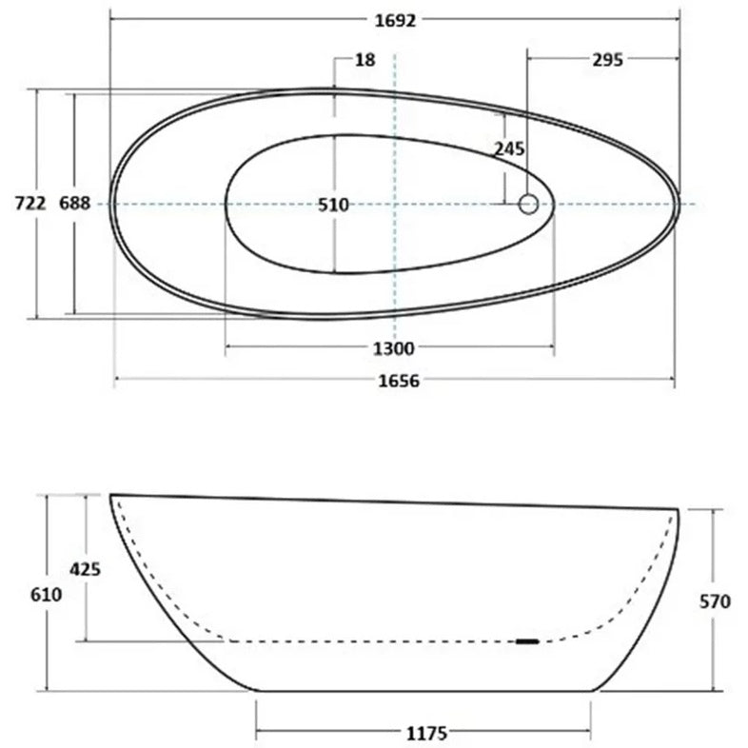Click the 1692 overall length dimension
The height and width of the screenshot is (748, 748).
[395, 21]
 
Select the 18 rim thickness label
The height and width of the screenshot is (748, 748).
[364, 60]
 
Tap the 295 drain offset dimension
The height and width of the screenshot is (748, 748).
[607, 60]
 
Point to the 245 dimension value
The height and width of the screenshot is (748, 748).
[509, 149]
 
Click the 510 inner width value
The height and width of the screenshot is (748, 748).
[333, 206]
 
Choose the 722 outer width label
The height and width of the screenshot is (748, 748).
[30, 204]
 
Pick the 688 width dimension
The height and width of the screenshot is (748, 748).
[74, 204]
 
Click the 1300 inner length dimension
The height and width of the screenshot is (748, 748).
[394, 348]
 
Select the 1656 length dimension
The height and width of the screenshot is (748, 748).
[399, 381]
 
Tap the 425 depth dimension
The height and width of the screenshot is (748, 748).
[85, 569]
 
